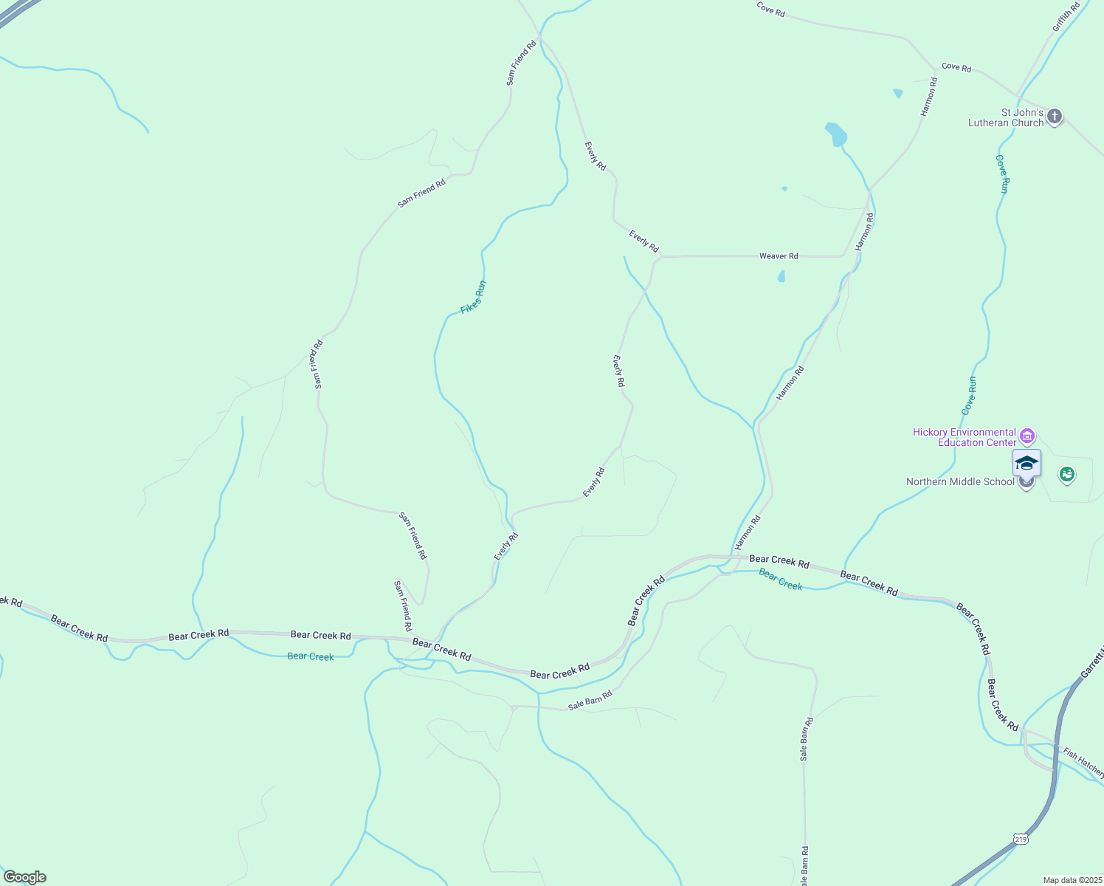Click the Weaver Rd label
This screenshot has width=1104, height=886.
pos(779,256)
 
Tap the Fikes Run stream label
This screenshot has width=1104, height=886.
pos(473,298)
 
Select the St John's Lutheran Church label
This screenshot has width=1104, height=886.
pos(1006,118)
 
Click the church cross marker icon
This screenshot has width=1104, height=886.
pos(1055,117)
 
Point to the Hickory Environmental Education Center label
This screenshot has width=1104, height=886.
pos(964,437)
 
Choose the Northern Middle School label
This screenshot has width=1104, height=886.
pos(960,482)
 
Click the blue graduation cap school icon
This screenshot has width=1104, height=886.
pos(1027,463)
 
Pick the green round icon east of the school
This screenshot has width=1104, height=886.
pos(1066,474)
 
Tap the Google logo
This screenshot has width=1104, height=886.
pos(24,877)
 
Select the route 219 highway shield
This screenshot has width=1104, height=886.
pos(1021,839)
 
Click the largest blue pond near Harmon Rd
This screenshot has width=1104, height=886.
pos(835,134)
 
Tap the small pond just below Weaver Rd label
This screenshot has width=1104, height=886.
pos(781,277)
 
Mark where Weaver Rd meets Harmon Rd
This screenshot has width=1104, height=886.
pos(843,256)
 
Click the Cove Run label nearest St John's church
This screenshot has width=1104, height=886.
pos(1002,174)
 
